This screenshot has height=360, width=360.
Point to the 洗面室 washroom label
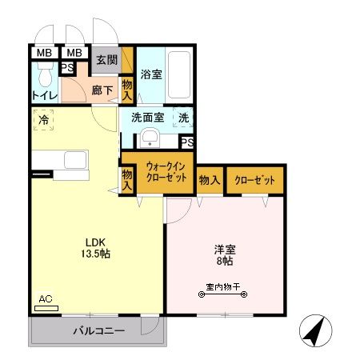click(148, 117)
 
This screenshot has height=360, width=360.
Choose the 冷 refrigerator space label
click(41, 121)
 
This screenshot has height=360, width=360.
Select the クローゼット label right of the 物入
click(254, 181)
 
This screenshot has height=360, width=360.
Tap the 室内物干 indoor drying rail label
click(222, 286)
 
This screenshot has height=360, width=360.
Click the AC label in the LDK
click(45, 299)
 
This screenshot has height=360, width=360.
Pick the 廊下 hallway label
click(101, 91)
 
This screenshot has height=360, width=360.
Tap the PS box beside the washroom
click(186, 142)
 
